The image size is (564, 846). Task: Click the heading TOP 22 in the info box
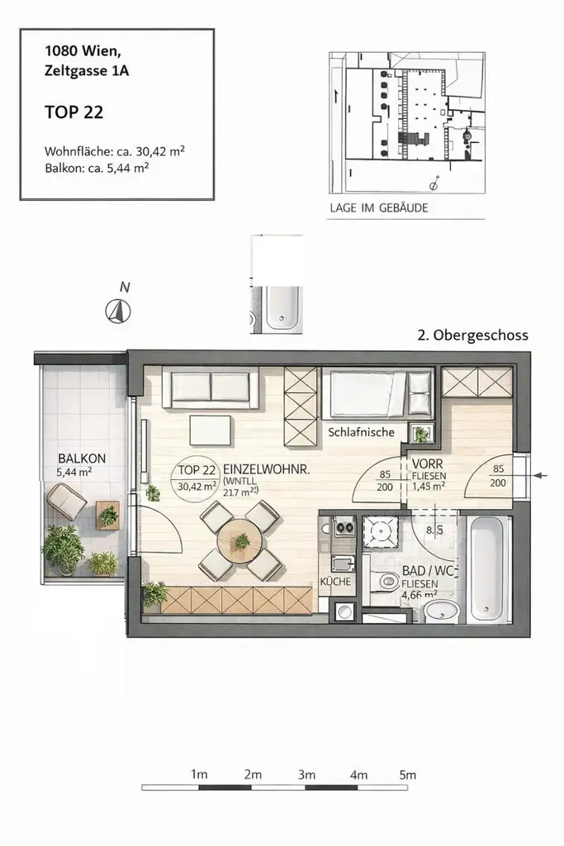click(73, 112)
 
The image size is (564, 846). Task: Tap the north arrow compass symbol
click(119, 311)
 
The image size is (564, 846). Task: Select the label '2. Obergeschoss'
click(472, 335)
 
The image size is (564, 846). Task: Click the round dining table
click(240, 543)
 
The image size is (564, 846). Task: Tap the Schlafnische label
click(361, 432)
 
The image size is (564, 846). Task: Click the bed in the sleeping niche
click(376, 393)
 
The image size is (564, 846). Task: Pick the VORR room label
click(429, 463)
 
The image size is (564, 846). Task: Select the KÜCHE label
click(336, 582)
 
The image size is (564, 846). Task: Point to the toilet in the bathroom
click(385, 582)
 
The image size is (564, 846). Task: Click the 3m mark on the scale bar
click(306, 775)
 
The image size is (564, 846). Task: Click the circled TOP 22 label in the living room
click(197, 478)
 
